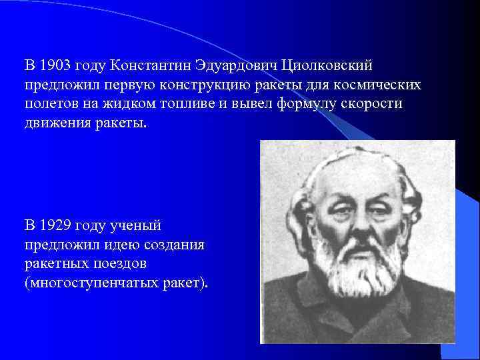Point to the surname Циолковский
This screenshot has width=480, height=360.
(327, 66)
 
